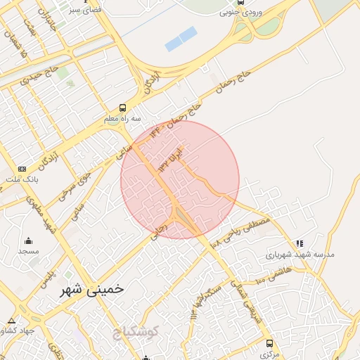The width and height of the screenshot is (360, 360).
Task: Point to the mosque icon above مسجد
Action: [29, 241]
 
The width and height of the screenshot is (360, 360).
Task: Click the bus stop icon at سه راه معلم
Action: [123, 108]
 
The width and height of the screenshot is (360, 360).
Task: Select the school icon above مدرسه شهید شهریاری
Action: [300, 243]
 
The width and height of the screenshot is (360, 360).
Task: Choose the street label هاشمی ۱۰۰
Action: [273, 272]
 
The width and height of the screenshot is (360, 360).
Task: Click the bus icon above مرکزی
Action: [269, 343]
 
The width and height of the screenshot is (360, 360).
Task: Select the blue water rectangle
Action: [181, 39]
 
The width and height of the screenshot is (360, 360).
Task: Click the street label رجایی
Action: [159, 231]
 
